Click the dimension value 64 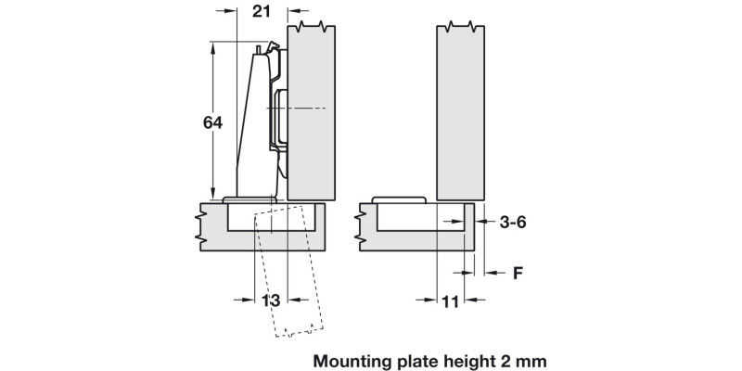(x=213, y=122)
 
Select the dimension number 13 (x=270, y=300)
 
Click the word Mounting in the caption (x=359, y=358)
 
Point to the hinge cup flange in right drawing (x=398, y=200)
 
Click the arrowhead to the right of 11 (x=471, y=300)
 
